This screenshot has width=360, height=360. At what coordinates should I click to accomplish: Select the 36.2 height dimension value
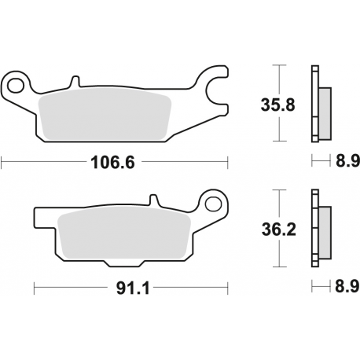(278, 230)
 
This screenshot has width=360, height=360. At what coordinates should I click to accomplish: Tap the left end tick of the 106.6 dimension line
(2, 163)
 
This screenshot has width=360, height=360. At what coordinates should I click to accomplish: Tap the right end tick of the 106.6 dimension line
(227, 163)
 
